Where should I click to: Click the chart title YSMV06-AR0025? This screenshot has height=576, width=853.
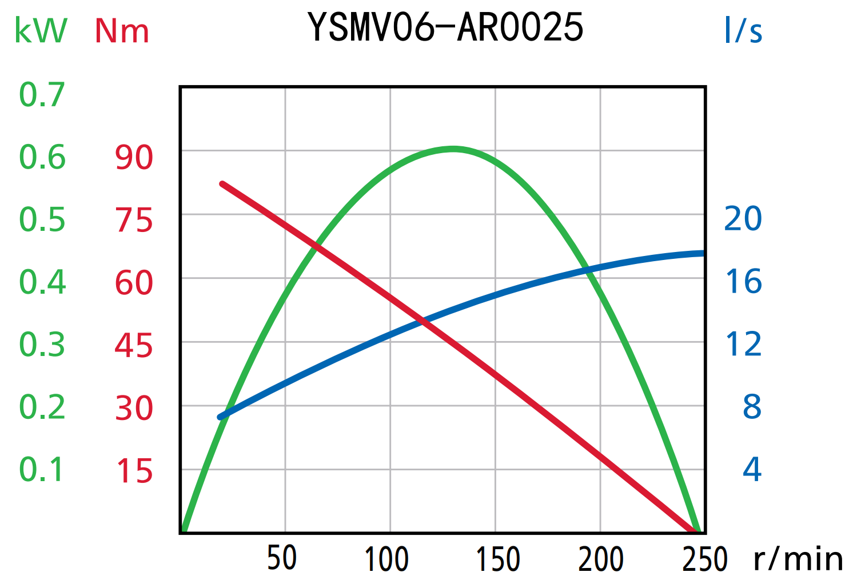[445, 27]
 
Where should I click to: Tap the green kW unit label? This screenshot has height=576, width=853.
[41, 31]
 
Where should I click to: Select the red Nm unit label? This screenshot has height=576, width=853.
[122, 31]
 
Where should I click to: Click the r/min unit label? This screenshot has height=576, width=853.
[798, 558]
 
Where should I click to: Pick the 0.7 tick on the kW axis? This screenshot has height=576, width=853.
[42, 95]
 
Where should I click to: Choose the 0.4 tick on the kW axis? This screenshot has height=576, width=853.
[42, 282]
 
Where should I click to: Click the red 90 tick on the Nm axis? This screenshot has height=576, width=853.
[134, 158]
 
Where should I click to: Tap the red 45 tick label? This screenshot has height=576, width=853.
[134, 346]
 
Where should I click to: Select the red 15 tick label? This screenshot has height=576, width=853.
[134, 471]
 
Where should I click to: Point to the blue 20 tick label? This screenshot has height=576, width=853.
[743, 219]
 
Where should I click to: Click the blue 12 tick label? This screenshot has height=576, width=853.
[743, 345]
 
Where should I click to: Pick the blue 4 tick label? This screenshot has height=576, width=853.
[752, 470]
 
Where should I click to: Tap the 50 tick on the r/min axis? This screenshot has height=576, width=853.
[282, 558]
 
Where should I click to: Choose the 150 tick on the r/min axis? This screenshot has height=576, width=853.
[498, 558]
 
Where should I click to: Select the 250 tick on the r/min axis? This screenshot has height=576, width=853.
[705, 558]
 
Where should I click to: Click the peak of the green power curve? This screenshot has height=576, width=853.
[453, 149]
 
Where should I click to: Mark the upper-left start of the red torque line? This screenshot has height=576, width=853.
[222, 184]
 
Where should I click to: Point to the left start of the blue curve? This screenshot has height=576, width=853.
[220, 417]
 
